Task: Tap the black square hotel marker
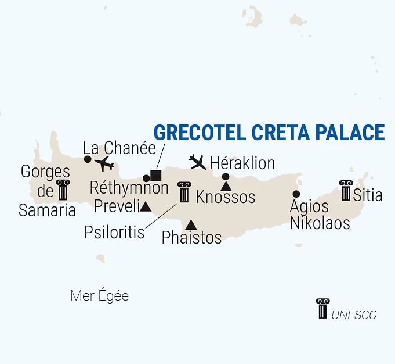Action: [155, 175]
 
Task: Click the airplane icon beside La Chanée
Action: [104, 163]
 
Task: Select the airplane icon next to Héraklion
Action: [198, 162]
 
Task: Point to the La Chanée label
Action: [119, 148]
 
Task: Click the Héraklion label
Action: [242, 162]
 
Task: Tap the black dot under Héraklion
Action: [226, 177]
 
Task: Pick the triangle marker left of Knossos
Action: [226, 186]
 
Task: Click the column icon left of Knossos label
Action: [184, 192]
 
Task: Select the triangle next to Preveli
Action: [146, 206]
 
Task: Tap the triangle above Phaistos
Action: [191, 224]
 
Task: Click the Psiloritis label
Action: [114, 232]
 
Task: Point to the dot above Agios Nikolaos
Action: [296, 194]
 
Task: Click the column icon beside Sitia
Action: [346, 191]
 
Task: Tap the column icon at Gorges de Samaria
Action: [62, 190]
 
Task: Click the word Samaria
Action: [47, 210]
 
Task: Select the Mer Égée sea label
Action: [99, 296]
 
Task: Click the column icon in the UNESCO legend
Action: [322, 309]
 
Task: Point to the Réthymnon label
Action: [129, 188]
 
